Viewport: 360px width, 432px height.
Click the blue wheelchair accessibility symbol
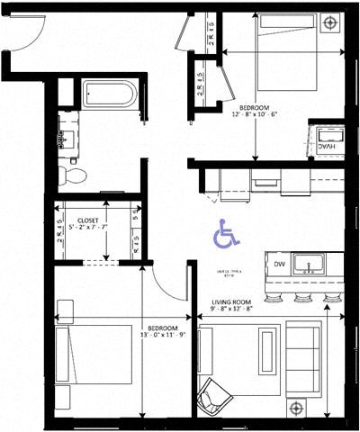226,235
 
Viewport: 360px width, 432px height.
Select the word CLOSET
87,220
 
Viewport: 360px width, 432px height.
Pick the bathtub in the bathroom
109,94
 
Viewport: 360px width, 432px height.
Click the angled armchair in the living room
216,396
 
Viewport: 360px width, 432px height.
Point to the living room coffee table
267,350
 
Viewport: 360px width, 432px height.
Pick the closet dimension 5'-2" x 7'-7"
88,228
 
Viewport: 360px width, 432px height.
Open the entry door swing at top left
29,31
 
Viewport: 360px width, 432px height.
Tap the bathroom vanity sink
65,138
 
